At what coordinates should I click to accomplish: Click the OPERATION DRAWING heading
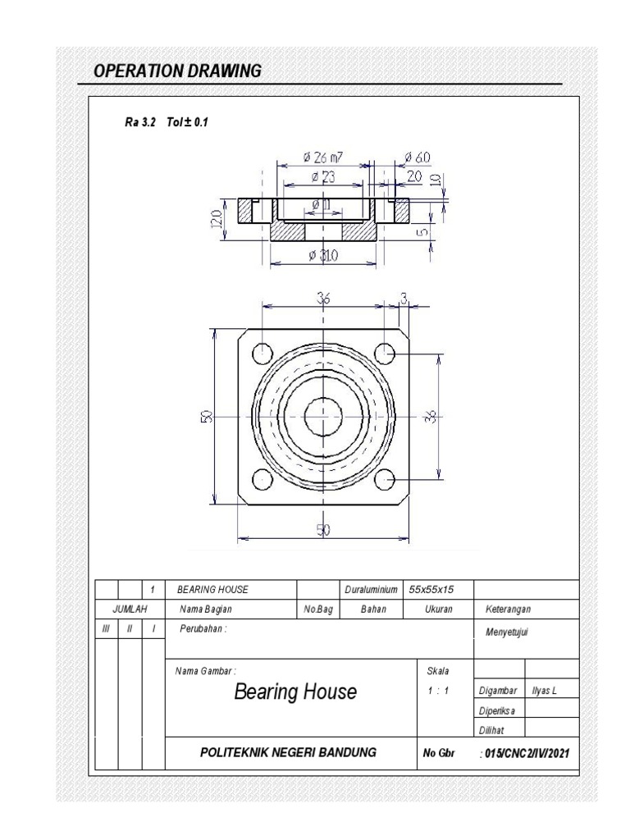[177, 71]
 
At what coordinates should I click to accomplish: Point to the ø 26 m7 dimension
[322, 157]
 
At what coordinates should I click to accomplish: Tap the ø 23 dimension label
[323, 177]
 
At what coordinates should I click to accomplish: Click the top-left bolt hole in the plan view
[262, 354]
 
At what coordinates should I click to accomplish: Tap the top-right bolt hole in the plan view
[385, 354]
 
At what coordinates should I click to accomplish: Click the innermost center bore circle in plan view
[323, 416]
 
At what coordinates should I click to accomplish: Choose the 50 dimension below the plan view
[323, 531]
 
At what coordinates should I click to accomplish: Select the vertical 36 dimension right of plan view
[431, 416]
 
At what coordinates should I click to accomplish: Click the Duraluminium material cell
[371, 589]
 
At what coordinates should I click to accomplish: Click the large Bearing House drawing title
[295, 692]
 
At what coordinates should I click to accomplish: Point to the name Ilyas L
[544, 691]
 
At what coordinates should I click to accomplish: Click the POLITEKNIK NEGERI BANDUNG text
[288, 752]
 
